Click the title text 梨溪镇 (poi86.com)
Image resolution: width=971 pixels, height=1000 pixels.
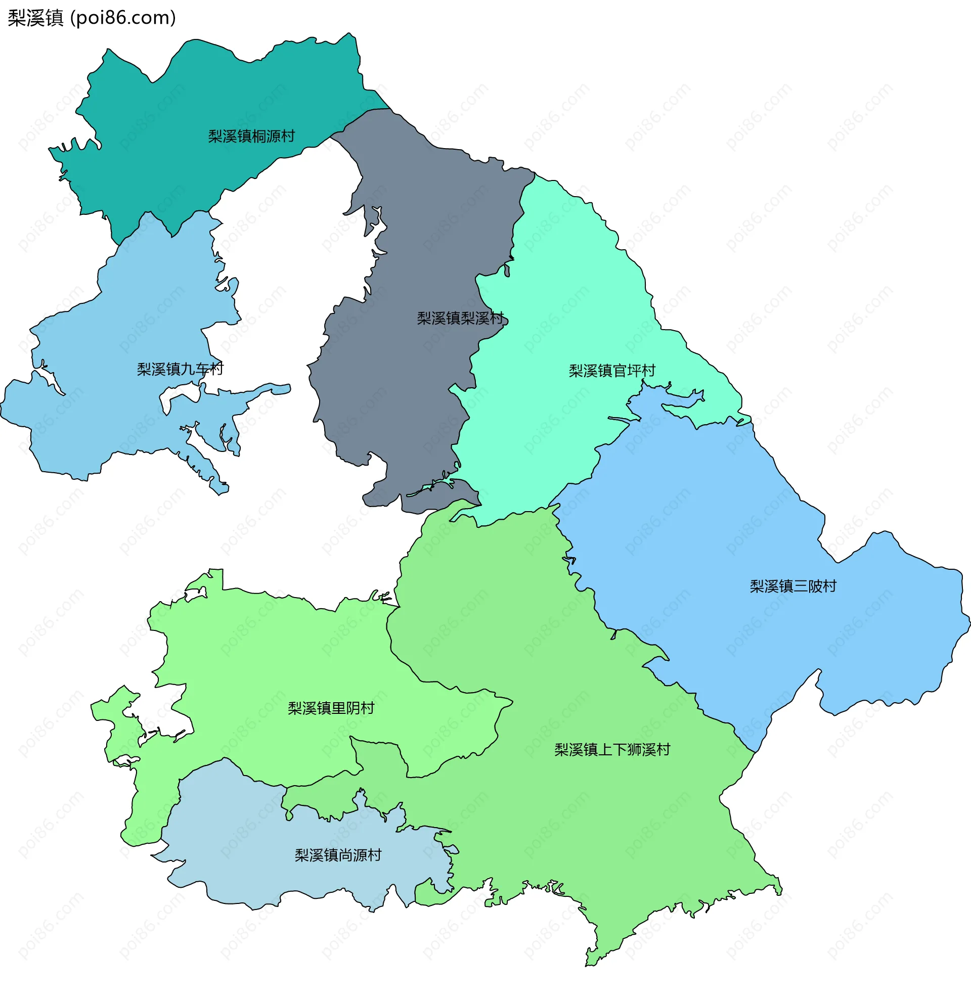coord(92,18)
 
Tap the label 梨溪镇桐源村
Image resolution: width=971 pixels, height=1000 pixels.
coord(251,136)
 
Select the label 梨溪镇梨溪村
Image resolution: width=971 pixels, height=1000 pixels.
coord(460,319)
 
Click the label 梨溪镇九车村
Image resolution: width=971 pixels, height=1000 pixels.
coord(180,369)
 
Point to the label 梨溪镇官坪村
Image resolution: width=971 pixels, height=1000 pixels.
coord(612,371)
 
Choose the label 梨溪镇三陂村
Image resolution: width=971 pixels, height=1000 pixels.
coord(793,586)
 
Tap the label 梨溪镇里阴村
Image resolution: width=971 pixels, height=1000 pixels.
coord(331,708)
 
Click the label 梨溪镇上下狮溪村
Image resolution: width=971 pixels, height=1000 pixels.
coord(612,749)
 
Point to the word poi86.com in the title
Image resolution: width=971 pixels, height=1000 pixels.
coord(123,18)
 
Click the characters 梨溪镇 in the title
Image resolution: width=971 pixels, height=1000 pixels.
coord(35,18)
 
